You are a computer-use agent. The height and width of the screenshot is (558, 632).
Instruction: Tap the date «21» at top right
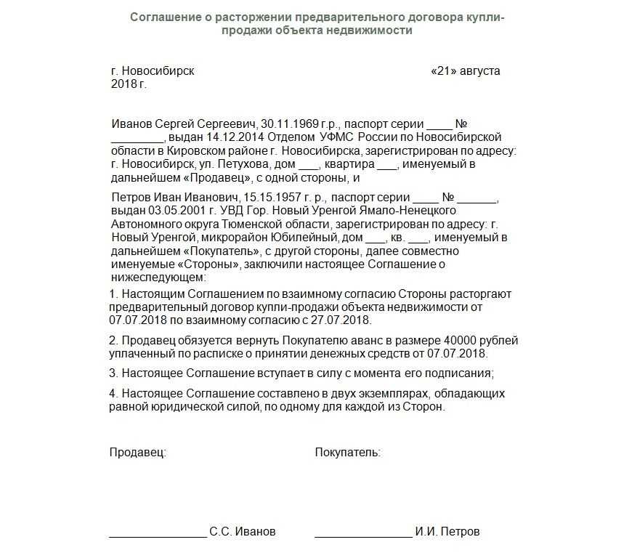pos(445,71)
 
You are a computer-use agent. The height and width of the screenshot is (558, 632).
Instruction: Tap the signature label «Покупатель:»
pos(347,453)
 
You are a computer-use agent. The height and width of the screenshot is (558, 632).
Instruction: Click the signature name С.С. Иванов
pos(243,532)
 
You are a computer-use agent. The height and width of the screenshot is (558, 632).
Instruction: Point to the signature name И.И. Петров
pos(447,532)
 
